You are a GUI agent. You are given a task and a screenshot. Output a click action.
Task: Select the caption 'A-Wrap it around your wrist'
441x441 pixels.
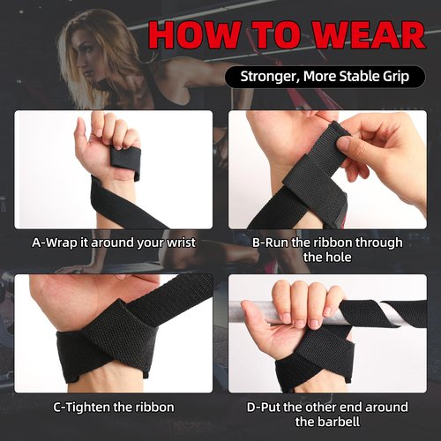(114, 242)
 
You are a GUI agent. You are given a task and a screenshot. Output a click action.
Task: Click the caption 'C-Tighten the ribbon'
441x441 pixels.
(114, 407)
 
